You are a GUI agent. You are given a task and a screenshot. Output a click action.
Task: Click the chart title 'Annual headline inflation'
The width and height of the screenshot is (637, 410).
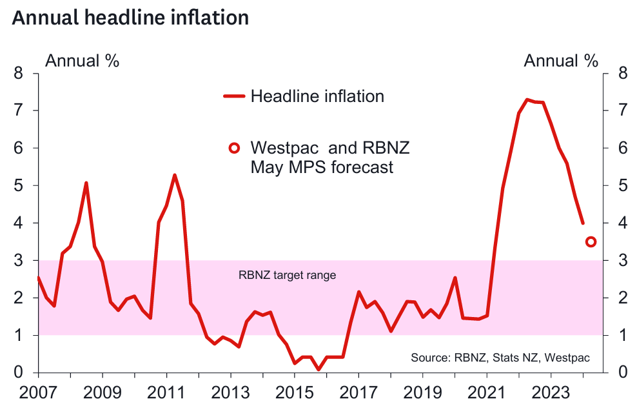pyautogui.click(x=130, y=17)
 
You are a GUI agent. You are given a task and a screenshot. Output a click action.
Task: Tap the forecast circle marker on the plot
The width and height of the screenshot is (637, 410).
pyautogui.click(x=591, y=241)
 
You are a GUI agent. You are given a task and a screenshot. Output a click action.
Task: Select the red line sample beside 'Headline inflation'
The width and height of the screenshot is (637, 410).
pyautogui.click(x=234, y=97)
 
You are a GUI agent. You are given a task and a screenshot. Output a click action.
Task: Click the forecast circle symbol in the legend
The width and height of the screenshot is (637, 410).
pyautogui.click(x=234, y=149)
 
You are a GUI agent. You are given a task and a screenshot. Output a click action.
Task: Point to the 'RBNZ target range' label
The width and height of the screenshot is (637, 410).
pyautogui.click(x=287, y=275)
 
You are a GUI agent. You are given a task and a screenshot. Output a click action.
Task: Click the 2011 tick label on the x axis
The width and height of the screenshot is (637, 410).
pyautogui.click(x=166, y=393)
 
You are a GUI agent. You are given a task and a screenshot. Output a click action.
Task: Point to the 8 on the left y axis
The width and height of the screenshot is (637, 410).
pyautogui.click(x=19, y=73)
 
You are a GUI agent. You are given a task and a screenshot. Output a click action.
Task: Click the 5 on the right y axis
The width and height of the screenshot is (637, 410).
pyautogui.click(x=622, y=185)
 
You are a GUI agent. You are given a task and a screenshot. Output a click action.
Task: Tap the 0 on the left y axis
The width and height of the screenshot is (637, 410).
pyautogui.click(x=19, y=373)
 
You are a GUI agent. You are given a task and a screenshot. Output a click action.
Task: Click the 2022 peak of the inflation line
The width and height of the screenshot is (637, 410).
pyautogui.click(x=527, y=99)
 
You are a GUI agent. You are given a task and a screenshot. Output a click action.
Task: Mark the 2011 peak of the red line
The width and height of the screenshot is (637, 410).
pyautogui.click(x=175, y=175)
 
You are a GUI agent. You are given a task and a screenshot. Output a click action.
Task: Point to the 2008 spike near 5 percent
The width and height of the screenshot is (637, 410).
pyautogui.click(x=86, y=183)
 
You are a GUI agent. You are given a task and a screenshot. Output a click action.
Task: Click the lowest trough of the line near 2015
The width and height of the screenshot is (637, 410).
pyautogui.click(x=318, y=369)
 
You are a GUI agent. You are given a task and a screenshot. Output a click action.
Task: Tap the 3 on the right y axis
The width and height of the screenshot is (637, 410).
pyautogui.click(x=622, y=260)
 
